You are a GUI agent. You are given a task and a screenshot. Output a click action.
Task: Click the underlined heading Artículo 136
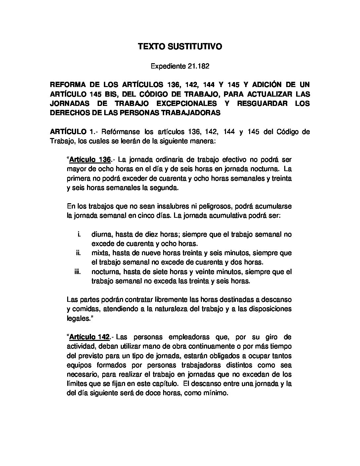tap(90, 160)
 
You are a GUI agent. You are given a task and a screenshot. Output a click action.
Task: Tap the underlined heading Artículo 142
tap(89, 338)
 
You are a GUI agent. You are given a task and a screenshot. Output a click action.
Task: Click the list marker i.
tap(79, 235)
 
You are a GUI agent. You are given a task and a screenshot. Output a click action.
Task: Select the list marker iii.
tap(78, 272)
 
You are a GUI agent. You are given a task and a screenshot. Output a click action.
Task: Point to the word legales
tap(77, 318)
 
